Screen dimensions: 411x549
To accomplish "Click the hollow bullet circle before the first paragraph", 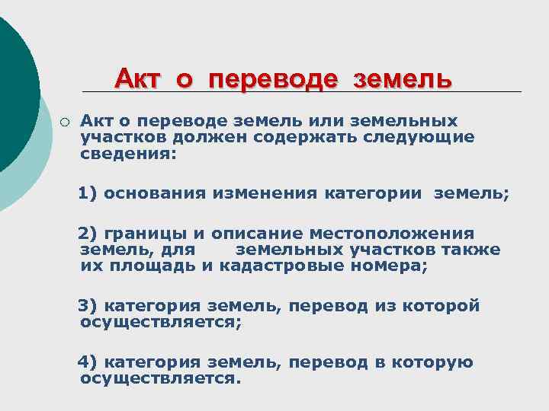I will (66, 121).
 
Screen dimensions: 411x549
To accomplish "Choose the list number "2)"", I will (88, 234).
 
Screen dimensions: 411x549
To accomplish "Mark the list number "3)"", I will (88, 306).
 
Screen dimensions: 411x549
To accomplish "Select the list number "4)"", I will (88, 362).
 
